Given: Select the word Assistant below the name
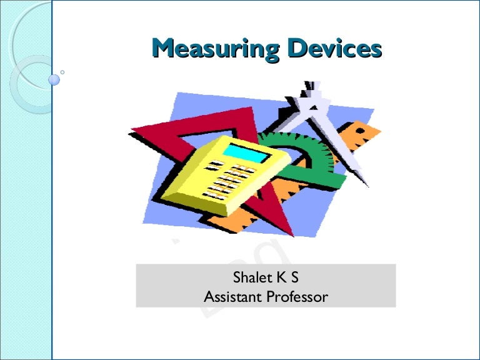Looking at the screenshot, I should coord(232,296).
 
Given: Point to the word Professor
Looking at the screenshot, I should coord(297,296).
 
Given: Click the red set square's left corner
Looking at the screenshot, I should coord(133,131).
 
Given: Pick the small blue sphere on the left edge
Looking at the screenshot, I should coord(54,79).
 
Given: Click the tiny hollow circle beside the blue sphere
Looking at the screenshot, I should coord(62,72).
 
